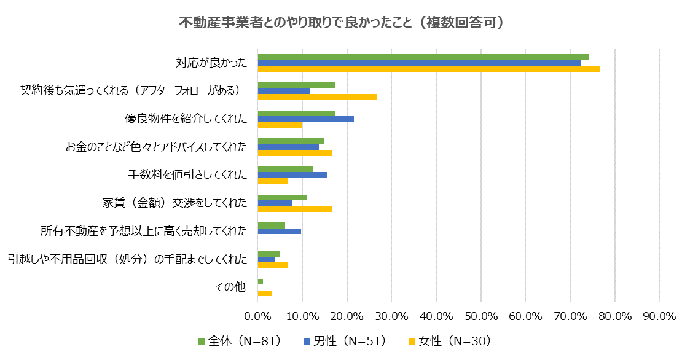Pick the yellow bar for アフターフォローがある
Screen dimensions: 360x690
[x=317, y=96]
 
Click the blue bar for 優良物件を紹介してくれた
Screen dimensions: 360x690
[x=305, y=119]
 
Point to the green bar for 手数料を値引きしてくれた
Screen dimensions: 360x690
[x=285, y=169]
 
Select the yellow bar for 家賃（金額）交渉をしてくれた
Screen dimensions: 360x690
[x=295, y=209]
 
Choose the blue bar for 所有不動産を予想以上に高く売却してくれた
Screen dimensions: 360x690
[x=279, y=231]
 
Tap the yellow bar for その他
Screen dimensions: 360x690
[x=265, y=293]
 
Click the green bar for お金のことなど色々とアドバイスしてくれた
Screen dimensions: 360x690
[x=291, y=141]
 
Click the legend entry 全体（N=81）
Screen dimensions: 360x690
[x=240, y=341]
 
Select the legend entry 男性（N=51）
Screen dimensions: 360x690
[x=345, y=341]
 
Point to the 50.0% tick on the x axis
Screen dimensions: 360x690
[x=480, y=316]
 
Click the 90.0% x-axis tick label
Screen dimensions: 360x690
[x=659, y=316]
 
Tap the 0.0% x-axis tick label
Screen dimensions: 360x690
[x=258, y=316]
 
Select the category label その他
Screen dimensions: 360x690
[x=231, y=287]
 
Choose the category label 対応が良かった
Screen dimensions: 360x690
[x=211, y=63]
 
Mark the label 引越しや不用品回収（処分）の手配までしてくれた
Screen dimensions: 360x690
[x=127, y=259]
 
